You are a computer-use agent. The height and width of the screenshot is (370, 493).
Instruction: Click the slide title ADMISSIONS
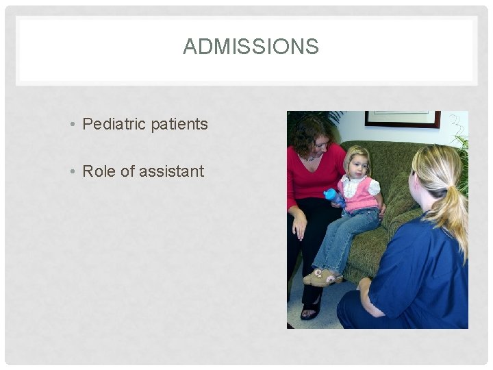click(x=251, y=47)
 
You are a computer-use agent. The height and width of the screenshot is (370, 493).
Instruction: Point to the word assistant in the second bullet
click(x=171, y=171)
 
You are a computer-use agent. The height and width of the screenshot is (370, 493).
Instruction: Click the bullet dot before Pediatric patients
click(x=73, y=125)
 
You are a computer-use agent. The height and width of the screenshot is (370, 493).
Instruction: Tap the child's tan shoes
click(x=324, y=277)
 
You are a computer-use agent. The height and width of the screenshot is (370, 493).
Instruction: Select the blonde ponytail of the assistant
click(x=454, y=206)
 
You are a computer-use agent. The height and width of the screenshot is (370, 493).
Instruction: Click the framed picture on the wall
click(x=402, y=119)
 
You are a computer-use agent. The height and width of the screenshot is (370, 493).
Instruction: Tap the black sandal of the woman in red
click(x=310, y=311)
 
